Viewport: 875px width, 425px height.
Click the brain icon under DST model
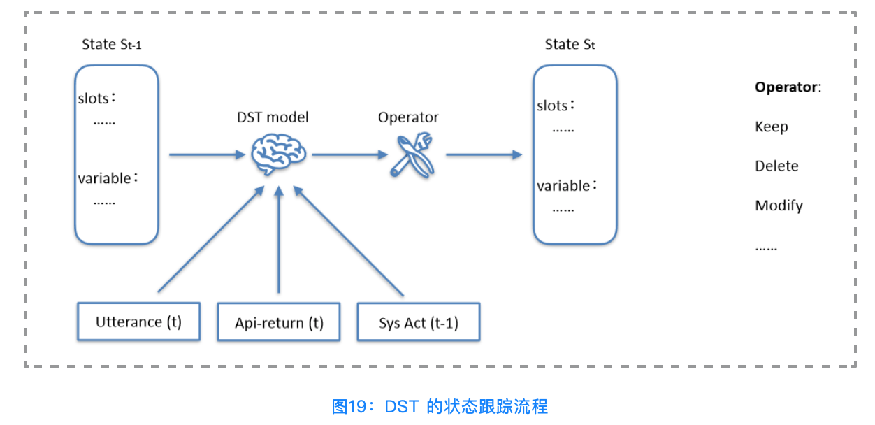(x=278, y=155)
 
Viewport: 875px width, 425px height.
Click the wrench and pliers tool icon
(x=412, y=155)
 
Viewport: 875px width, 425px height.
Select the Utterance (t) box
(x=138, y=322)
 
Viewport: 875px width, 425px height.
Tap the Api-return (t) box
(x=279, y=322)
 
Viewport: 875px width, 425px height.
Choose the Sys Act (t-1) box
(x=419, y=322)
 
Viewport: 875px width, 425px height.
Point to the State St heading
(x=570, y=45)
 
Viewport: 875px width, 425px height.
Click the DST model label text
(x=273, y=117)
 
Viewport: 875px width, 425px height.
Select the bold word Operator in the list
(x=786, y=87)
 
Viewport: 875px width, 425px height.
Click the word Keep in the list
(x=771, y=127)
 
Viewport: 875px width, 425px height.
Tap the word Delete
(x=776, y=166)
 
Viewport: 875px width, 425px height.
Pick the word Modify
(x=779, y=206)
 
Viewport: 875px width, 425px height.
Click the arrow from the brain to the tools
(x=347, y=154)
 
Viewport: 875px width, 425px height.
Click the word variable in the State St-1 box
(x=104, y=179)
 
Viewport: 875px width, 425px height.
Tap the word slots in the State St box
(x=552, y=106)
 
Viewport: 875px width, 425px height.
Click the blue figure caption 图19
(x=440, y=406)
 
